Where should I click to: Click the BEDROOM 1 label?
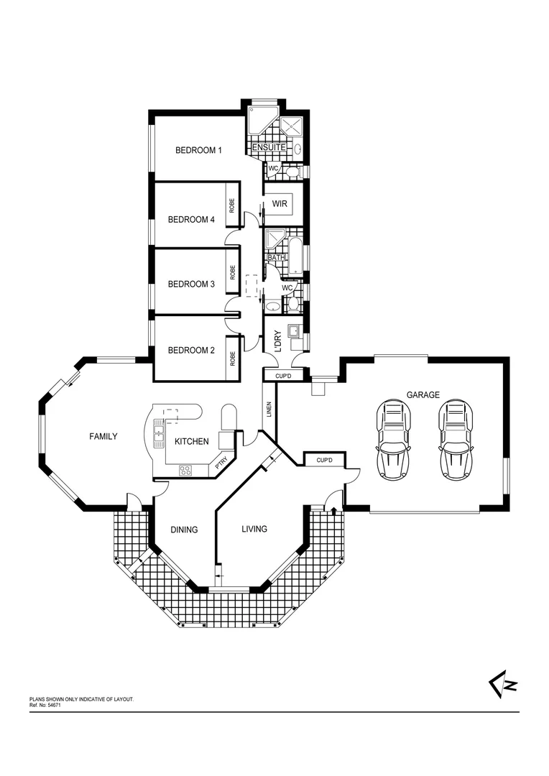(199, 150)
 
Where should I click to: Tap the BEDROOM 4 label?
(191, 220)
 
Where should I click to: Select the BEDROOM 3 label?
(191, 284)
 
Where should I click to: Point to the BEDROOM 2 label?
(191, 351)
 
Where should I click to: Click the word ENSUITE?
(269, 147)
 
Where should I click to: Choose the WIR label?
(280, 204)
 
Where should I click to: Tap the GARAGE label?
(423, 394)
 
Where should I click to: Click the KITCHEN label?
(191, 441)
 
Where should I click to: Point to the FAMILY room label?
(103, 436)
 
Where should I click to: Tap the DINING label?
(183, 530)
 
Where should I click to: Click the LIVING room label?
(254, 529)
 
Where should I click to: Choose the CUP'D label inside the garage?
(325, 459)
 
